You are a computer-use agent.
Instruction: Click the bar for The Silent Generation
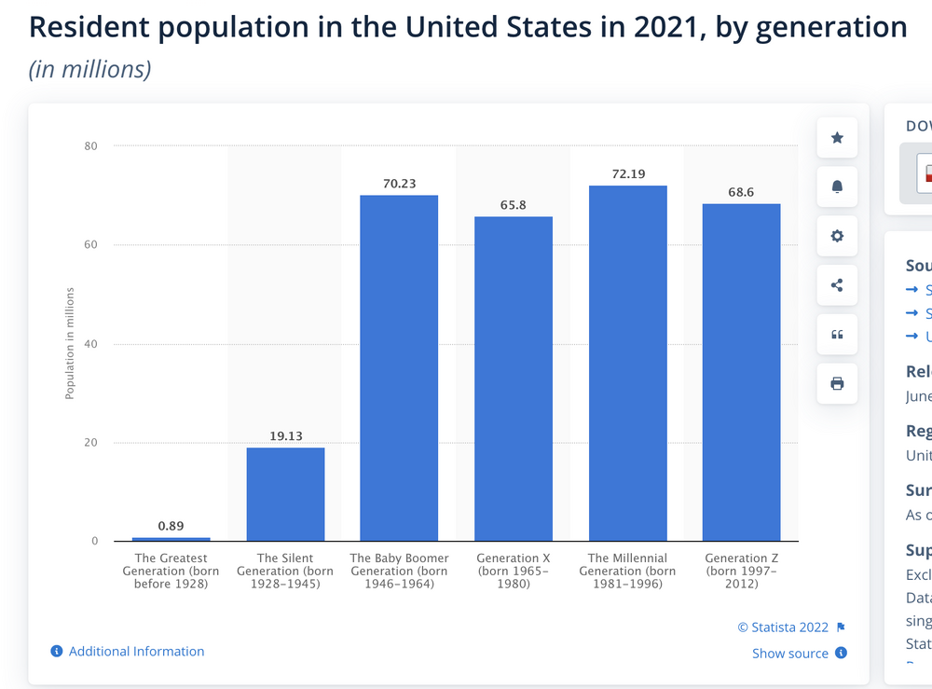coord(285,494)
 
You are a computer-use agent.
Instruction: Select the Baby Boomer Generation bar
coord(399,368)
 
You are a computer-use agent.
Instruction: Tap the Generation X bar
coord(514,379)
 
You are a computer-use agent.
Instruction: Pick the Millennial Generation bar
coord(627,364)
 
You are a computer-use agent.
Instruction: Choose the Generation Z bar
coord(741,373)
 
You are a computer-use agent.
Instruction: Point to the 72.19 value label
coord(627,174)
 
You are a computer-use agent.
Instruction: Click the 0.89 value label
coord(171,526)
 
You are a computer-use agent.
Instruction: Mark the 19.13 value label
coord(285,436)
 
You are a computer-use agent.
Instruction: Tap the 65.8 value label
coord(514,205)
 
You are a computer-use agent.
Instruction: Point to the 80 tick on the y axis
coord(90,146)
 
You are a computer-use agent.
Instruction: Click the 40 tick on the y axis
coord(90,344)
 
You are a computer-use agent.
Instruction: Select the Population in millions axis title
coord(70,344)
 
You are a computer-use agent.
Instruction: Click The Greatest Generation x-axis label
coord(171,572)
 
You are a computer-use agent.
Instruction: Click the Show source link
coord(790,654)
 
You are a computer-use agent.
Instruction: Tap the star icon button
coord(837,138)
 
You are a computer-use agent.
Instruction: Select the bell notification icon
coord(837,187)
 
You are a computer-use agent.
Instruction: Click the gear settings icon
coord(837,236)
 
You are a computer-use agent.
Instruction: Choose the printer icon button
coord(837,383)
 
